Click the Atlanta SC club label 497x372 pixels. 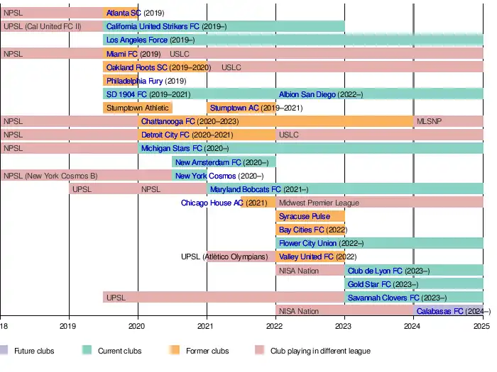124,13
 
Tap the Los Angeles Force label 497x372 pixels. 137,40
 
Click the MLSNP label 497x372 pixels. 429,121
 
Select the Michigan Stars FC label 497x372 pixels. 172,149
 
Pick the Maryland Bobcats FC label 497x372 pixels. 246,189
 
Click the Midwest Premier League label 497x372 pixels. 319,203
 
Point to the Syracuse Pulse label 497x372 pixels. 305,216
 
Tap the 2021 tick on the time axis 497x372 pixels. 207,327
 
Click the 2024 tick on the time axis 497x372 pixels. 413,327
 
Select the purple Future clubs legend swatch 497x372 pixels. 5,351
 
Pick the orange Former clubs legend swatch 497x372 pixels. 173,351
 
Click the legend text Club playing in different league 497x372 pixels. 320,351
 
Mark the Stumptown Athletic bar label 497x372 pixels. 138,108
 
